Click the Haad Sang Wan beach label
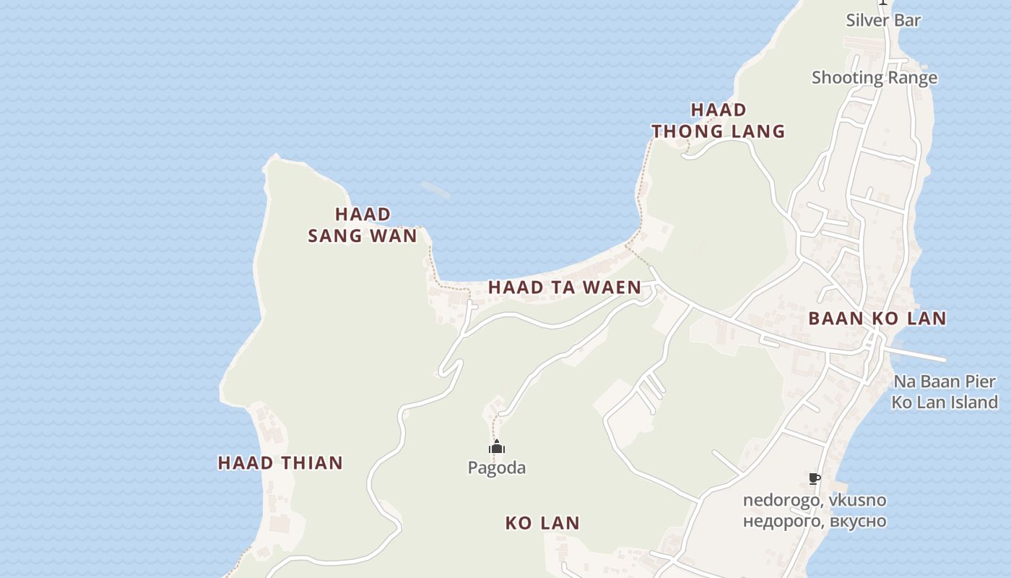pos(363,225)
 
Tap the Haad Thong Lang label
pos(719,121)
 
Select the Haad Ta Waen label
pos(565,287)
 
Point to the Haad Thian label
pos(280,462)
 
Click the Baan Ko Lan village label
pos(877,318)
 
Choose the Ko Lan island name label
pos(542,522)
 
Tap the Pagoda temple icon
pos(497,447)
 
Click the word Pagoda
pos(497,467)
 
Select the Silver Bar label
pos(883,20)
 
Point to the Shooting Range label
pos(874,77)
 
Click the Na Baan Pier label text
pos(945,381)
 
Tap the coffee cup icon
pos(815,478)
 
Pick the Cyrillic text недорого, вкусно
pos(815,520)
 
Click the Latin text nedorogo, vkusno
pos(815,500)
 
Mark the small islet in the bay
pos(435,190)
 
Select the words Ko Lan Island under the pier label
pos(945,402)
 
